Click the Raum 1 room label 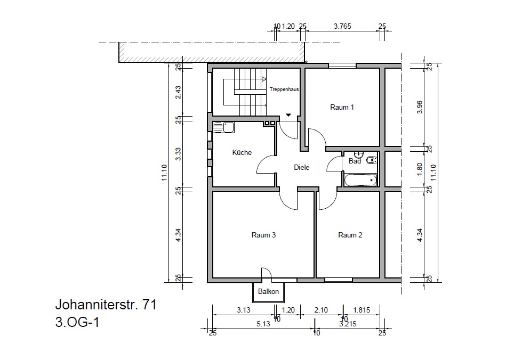point(342,108)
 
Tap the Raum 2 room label point(350,235)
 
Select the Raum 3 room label point(263,235)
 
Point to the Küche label point(242,152)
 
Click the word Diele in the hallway point(302,168)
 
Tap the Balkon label point(268,292)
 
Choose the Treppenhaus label point(284,89)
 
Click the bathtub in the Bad point(360,179)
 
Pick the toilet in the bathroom point(371,160)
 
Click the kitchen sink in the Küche point(223,127)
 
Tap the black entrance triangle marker point(288,115)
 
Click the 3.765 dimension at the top point(342,26)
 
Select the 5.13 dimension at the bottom point(263,324)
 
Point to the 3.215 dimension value point(348,324)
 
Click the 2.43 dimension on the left point(178,92)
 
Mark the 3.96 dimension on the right point(420,107)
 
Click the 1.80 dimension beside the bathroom point(420,169)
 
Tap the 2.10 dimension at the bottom point(320,310)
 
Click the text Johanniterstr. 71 point(106,305)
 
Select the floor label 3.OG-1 point(77,322)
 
